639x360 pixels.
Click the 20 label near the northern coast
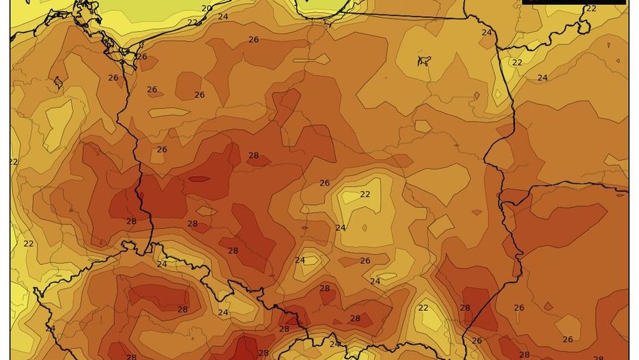coord(206,8)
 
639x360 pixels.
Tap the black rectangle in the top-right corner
coord(573,2)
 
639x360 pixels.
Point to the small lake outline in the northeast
coord(424,61)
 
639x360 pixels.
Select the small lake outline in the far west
coord(57,83)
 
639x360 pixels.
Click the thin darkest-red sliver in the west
coord(199,179)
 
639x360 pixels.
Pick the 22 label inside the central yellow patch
coord(365,194)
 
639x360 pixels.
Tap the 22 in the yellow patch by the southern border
coord(423,307)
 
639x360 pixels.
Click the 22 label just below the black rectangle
coord(591,8)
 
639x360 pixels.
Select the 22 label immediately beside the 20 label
coord(193,23)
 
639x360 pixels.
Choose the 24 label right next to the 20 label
coord(223,16)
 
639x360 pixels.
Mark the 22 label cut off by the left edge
coord(14,162)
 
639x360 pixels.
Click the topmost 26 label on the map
coord(253,40)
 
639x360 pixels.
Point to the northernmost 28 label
coord(253,156)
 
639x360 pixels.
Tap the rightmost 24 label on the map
coord(542,78)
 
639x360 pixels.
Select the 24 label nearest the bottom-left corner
coord(50,329)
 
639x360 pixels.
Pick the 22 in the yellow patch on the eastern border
coord(517,62)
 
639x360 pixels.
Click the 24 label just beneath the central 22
coord(341,227)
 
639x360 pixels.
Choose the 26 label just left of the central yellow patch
coord(324,183)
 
